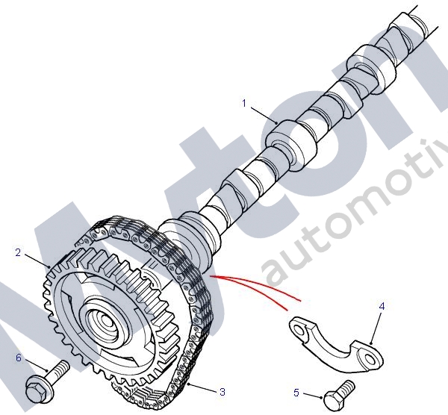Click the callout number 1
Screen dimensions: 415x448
tap(243, 104)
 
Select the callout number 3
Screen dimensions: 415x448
tap(222, 390)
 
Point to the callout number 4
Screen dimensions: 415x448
tap(382, 306)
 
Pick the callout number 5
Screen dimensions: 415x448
tap(296, 392)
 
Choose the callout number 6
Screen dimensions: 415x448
tap(19, 358)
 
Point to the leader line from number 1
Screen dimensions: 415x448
tap(262, 113)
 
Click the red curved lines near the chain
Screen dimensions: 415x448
tap(254, 287)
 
